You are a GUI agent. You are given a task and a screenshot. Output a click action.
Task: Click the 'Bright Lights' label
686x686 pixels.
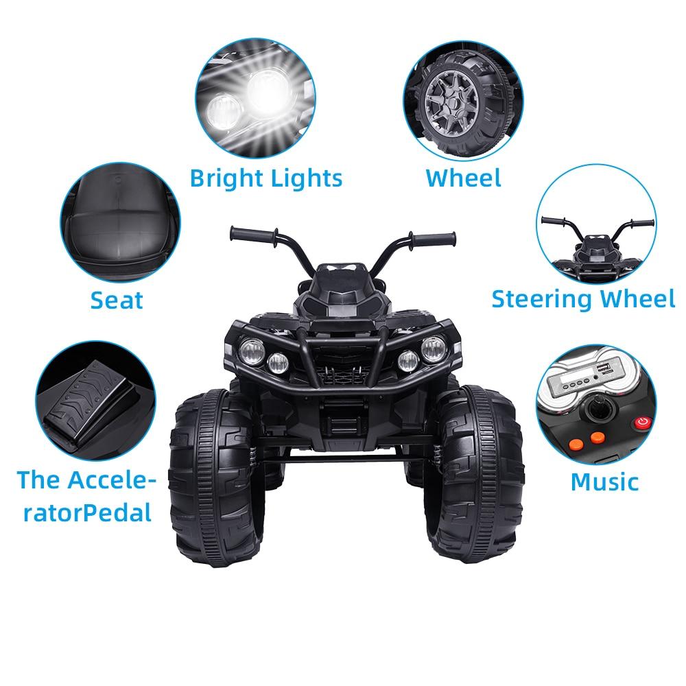[x=266, y=179]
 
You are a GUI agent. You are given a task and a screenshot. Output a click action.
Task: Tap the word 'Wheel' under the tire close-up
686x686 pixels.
[x=463, y=178]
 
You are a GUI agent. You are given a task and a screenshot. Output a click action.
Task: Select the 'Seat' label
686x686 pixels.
[x=117, y=300]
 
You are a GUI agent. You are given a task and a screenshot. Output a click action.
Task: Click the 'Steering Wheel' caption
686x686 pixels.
[x=583, y=299]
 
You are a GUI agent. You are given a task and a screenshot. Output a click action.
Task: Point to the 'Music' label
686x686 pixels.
[x=604, y=482]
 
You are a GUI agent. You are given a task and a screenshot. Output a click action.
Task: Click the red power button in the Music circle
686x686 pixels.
[x=643, y=422]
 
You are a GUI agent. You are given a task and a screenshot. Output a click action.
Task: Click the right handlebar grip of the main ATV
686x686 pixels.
[x=432, y=239]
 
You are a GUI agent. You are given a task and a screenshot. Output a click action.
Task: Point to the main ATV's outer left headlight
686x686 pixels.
[x=252, y=351]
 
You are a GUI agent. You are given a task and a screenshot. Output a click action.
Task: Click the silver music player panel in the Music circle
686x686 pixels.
[x=582, y=379]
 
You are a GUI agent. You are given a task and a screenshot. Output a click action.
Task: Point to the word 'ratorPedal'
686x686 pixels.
[x=87, y=513]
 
